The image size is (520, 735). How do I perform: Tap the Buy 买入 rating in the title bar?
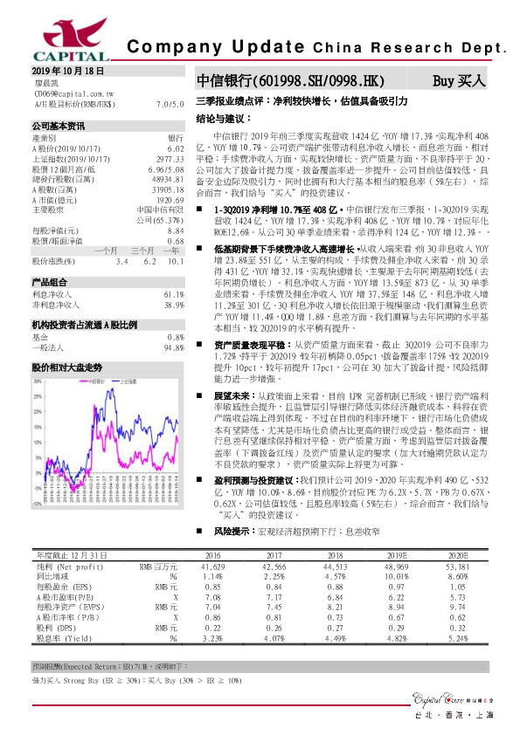tap(459, 80)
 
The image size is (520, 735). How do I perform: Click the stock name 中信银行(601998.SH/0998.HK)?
tap(290, 80)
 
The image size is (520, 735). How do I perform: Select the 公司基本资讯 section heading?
tap(58, 126)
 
